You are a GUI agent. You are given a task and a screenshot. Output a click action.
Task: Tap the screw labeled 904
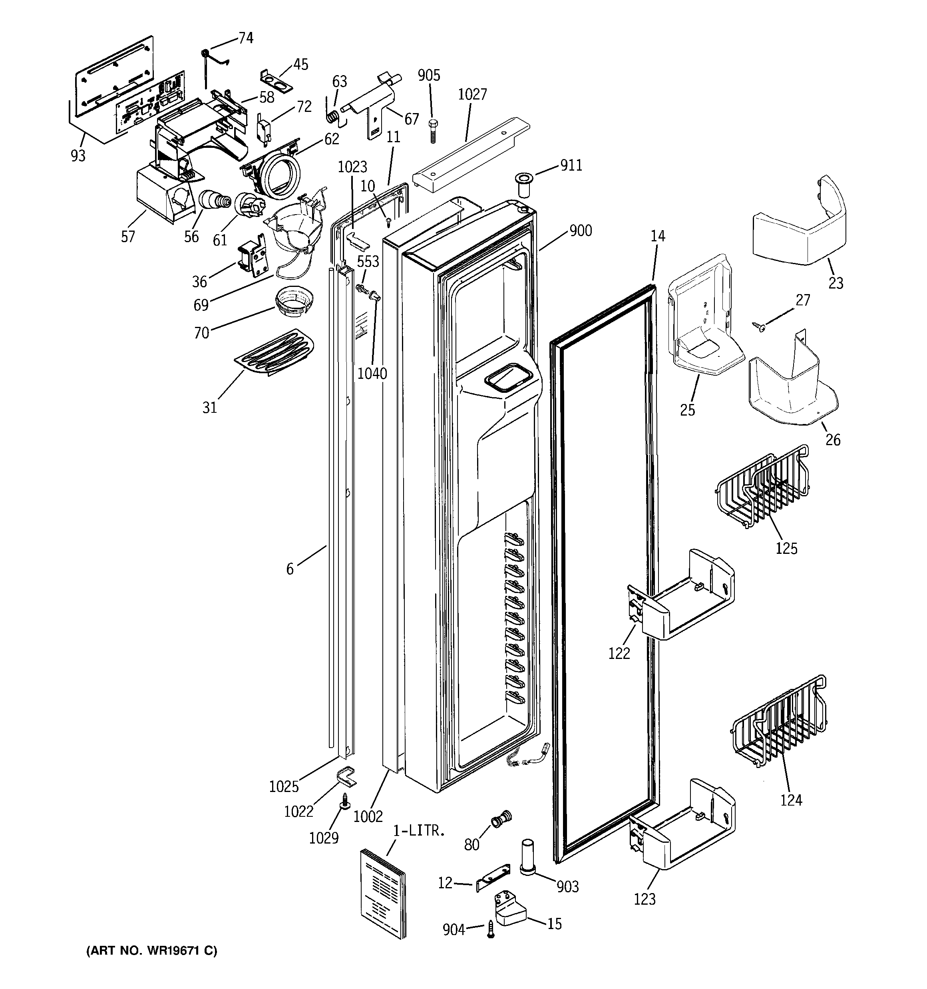pyautogui.click(x=491, y=929)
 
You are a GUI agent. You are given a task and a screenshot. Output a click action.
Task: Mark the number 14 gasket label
pyautogui.click(x=658, y=236)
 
